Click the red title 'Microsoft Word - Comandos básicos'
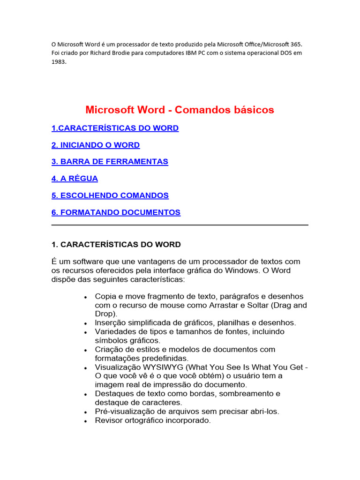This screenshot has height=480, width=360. tap(180, 110)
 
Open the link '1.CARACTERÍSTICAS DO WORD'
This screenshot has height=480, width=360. tap(115, 128)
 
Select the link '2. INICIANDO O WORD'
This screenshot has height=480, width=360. tap(96, 145)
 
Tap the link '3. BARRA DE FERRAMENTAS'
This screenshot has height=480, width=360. tap(110, 162)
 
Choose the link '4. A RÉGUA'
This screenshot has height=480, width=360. tap(75, 179)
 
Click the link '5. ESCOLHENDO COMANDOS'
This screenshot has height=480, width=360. tap(110, 195)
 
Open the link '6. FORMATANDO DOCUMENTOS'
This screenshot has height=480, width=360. tap(116, 212)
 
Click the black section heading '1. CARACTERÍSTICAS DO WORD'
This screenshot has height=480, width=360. tap(116, 245)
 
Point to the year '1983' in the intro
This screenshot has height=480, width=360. tap(59, 61)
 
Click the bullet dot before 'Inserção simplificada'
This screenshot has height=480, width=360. tap(85, 323)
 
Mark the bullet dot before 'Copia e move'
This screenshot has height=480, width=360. tap(85, 297)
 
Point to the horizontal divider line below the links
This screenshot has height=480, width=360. tap(180, 225)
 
